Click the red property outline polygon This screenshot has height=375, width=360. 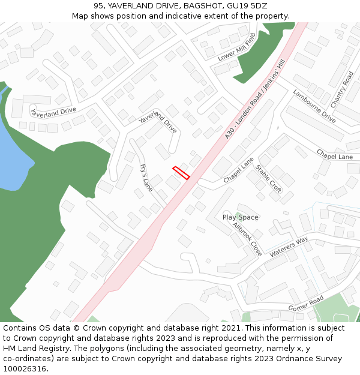[181, 173]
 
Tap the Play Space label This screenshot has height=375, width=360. [241, 217]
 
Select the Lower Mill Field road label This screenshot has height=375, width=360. [237, 47]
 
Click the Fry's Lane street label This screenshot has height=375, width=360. [146, 178]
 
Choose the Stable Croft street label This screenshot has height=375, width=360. [268, 179]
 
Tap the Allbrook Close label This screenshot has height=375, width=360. [248, 239]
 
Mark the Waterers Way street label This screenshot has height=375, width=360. [289, 247]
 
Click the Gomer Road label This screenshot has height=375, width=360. [305, 304]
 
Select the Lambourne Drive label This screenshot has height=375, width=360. [314, 106]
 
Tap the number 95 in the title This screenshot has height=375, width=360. [99, 6]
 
